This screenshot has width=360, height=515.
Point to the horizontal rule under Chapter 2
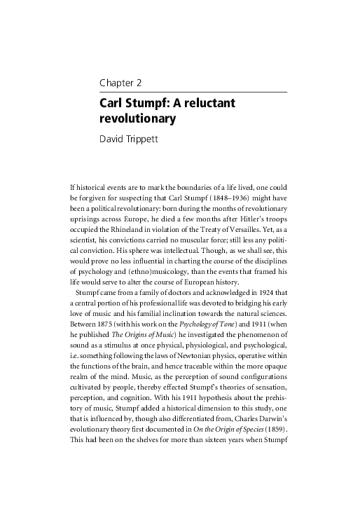tap(193, 92)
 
